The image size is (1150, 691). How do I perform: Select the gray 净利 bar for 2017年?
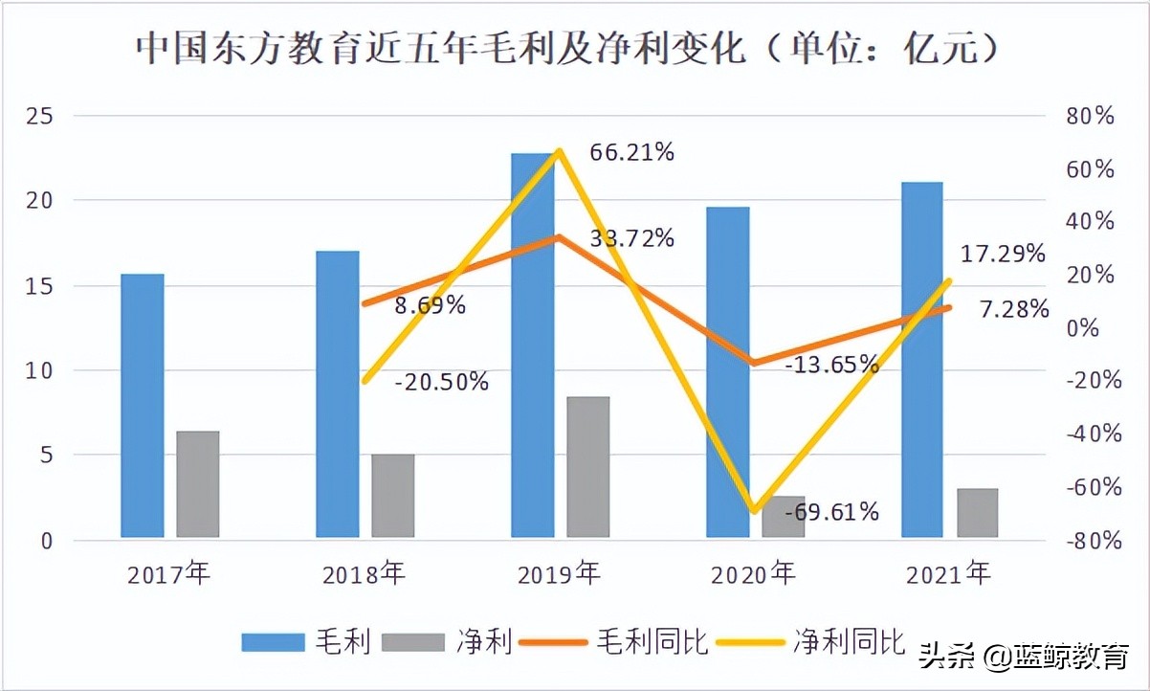(x=198, y=484)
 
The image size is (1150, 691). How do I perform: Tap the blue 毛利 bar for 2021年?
(x=922, y=359)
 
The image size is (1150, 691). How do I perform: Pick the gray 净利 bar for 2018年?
(x=393, y=496)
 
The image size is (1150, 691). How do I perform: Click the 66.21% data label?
(x=632, y=151)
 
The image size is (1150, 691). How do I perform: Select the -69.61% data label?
(x=831, y=512)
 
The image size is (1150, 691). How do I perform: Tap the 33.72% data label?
(x=632, y=238)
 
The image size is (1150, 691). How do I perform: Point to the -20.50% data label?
(x=442, y=382)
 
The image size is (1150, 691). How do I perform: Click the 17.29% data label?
(x=1003, y=254)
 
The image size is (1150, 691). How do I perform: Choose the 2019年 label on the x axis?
(x=560, y=574)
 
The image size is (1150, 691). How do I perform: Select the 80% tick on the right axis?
(x=1091, y=116)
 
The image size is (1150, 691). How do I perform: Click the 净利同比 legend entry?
(x=848, y=641)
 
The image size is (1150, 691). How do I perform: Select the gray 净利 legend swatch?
(x=413, y=642)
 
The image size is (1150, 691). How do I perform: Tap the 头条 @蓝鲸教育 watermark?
(x=1024, y=658)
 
